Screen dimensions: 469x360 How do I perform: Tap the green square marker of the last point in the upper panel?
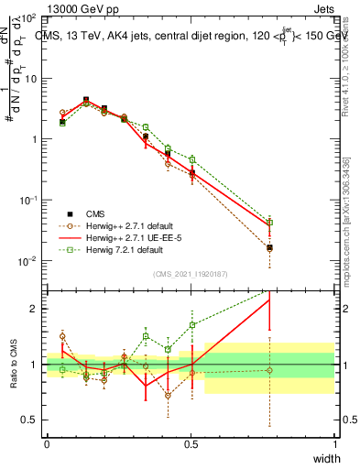269,222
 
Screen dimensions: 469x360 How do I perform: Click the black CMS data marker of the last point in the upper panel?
269,247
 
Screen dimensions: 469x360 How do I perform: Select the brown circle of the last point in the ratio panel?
269,370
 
